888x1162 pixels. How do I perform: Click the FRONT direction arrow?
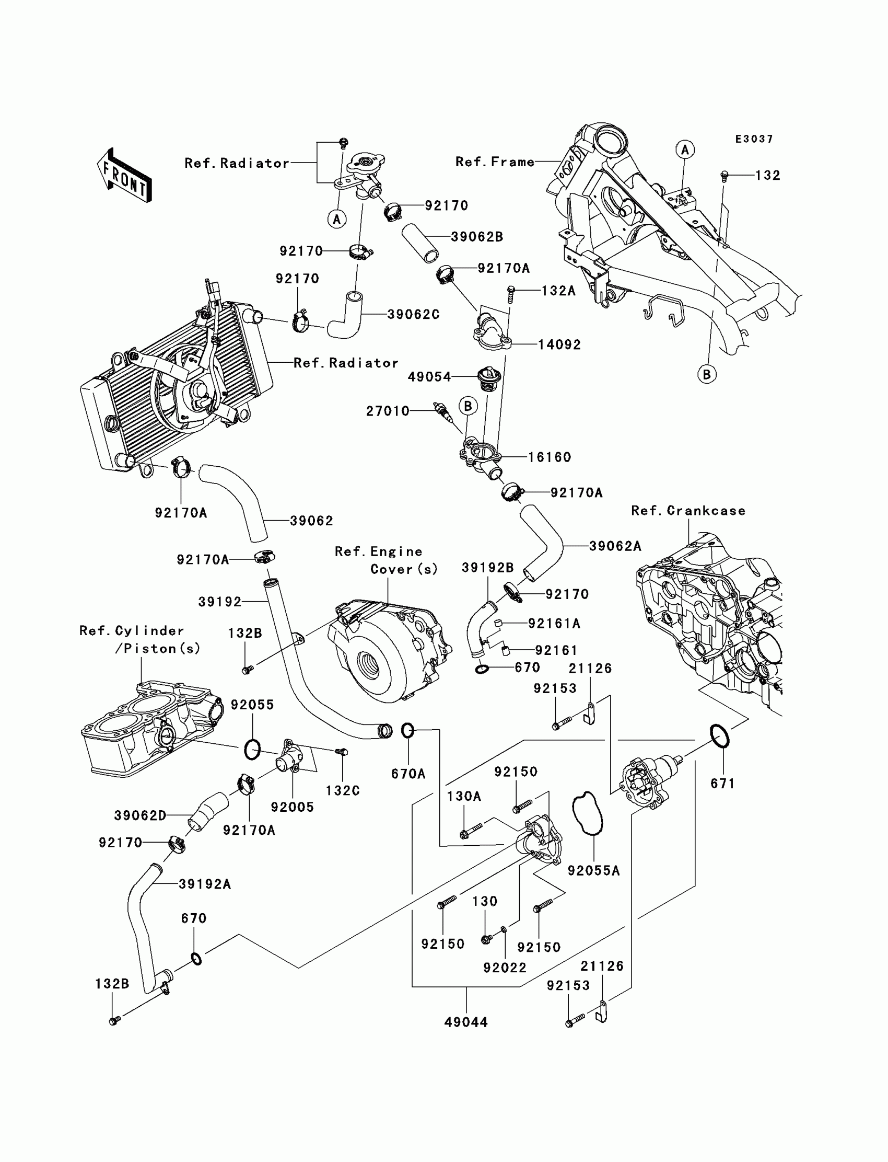coord(124,175)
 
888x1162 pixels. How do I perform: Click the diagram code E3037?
coord(754,139)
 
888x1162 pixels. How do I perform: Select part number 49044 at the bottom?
coord(465,1022)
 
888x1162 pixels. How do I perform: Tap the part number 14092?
coord(559,345)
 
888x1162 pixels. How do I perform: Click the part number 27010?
coord(388,411)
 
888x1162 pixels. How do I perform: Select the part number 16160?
coord(549,457)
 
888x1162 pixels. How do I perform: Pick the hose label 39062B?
coord(477,237)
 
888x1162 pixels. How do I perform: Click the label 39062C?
coord(413,314)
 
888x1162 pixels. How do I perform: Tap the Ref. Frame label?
coord(495,162)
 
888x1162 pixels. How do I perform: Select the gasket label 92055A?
coord(593,870)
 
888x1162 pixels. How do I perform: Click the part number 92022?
coord(505,968)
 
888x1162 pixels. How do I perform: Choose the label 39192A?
coord(205,884)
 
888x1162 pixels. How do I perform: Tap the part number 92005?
coord(293,807)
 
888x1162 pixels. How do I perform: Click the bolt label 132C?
coord(343,790)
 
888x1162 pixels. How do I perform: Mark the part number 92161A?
coord(554,624)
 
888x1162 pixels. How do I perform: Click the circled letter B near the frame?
coord(707,374)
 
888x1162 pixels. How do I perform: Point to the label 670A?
coord(408,774)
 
